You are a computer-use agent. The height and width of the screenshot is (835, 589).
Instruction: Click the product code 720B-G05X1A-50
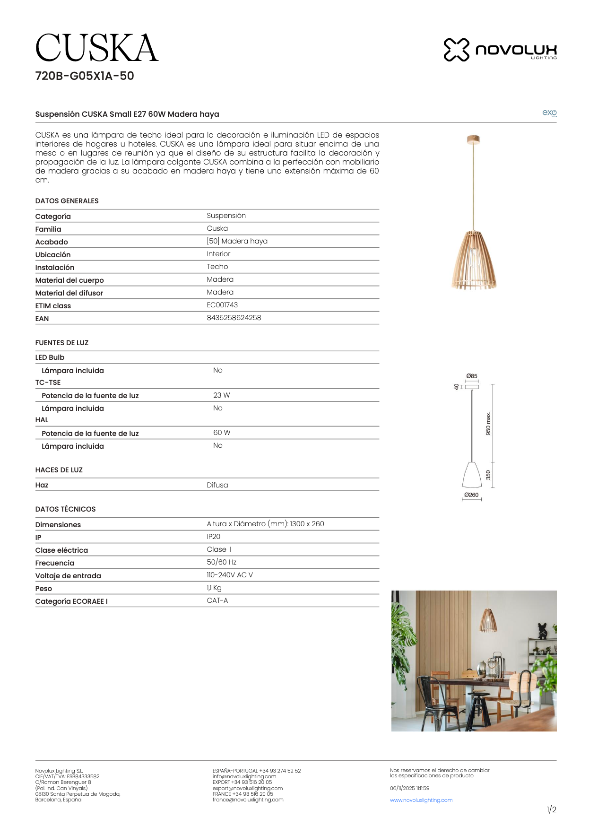(x=85, y=76)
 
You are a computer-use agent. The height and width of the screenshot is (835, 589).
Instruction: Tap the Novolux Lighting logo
(x=500, y=50)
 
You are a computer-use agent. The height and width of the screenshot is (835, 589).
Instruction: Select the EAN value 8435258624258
(x=234, y=318)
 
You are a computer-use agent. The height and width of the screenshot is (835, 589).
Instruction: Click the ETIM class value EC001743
(x=222, y=305)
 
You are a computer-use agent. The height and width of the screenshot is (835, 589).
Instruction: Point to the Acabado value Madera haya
(x=237, y=241)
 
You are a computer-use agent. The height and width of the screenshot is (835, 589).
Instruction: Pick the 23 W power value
(x=221, y=395)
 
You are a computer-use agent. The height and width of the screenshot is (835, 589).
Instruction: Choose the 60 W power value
(x=222, y=433)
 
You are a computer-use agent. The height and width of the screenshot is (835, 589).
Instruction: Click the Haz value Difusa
(x=217, y=485)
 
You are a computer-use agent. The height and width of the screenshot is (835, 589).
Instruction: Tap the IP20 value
(x=213, y=537)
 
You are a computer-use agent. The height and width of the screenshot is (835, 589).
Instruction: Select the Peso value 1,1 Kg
(x=214, y=588)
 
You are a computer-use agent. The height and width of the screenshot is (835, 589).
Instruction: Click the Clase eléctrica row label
(x=61, y=550)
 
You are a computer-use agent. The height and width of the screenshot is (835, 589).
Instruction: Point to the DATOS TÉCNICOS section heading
(x=65, y=509)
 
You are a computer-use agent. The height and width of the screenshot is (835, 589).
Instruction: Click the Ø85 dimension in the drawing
(x=471, y=376)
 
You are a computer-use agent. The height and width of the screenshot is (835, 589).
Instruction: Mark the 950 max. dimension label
(x=488, y=423)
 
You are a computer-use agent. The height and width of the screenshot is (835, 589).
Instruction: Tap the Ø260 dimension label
(x=471, y=495)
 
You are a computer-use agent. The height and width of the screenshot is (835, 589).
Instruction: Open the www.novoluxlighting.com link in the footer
(x=421, y=800)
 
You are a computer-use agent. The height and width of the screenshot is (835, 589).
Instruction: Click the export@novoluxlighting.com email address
(x=247, y=788)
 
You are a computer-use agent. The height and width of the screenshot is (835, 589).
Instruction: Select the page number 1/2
(x=551, y=810)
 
